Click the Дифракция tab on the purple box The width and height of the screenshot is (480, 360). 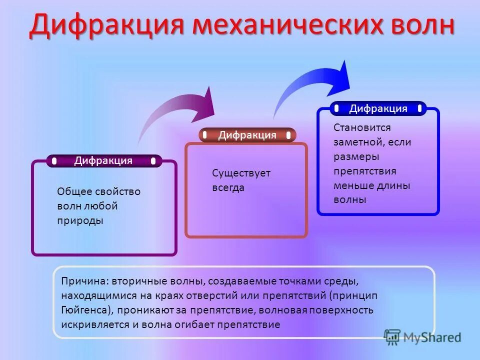(x=103, y=160)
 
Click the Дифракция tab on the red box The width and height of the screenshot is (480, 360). (x=247, y=135)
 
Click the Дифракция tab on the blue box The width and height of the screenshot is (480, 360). (x=378, y=108)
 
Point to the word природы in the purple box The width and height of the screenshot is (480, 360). (x=80, y=221)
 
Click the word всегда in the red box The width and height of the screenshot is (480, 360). (x=228, y=188)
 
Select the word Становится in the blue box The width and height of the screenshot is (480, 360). (x=362, y=127)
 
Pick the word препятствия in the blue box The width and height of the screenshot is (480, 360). (x=365, y=171)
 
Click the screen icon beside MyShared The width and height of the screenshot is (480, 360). (x=392, y=337)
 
